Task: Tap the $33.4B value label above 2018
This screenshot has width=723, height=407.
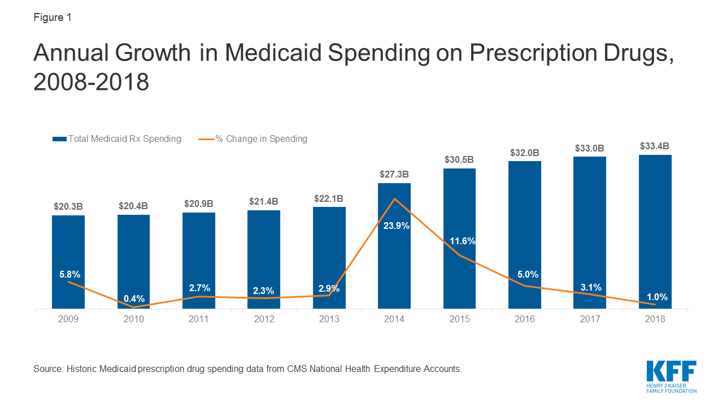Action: click(655, 146)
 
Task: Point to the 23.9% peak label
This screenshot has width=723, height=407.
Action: click(394, 226)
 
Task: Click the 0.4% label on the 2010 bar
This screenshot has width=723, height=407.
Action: click(134, 298)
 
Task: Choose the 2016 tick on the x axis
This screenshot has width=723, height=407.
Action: click(525, 319)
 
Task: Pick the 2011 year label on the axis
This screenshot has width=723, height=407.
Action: click(199, 319)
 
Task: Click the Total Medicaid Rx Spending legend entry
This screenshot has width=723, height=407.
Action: click(117, 138)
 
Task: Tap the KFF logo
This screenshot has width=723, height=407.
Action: click(672, 376)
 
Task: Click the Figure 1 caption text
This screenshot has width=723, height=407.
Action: click(53, 18)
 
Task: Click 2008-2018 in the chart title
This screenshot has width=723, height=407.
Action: click(91, 82)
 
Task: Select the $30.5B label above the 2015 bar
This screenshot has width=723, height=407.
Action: click(460, 159)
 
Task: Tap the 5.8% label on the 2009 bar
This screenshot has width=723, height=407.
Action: click(70, 274)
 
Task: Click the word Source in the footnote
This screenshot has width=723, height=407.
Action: click(47, 369)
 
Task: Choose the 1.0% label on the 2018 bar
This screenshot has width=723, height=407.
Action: click(657, 297)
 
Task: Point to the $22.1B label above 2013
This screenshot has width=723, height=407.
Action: click(329, 198)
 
